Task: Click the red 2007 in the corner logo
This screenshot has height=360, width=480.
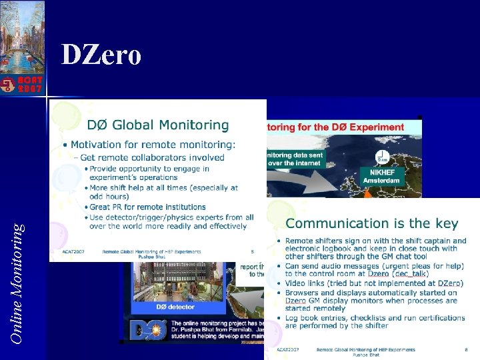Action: (31, 87)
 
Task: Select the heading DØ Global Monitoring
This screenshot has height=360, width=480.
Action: (158, 125)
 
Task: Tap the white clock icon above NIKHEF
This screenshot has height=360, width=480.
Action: (383, 157)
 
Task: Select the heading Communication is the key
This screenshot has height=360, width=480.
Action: (372, 224)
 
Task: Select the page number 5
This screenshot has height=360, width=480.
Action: (253, 251)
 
